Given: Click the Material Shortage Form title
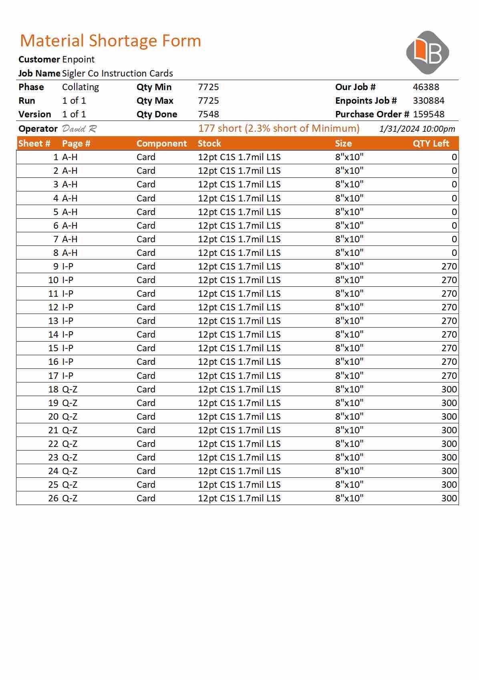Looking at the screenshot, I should point(111,41).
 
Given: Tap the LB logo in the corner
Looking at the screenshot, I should point(427,52).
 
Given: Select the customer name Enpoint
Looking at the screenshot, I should point(78,60).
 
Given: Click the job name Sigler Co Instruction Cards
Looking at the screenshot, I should point(117,73).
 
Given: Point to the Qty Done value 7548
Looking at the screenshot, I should point(208,114).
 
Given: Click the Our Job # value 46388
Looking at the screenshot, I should point(426,87).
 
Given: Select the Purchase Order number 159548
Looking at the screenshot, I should point(429,114).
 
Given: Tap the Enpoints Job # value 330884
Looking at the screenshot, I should point(429,101).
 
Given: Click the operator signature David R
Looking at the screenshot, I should point(79,129).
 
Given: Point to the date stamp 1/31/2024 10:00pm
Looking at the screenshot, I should point(417,129).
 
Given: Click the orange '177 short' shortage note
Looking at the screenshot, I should point(279,128).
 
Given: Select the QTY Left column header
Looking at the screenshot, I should point(431,143).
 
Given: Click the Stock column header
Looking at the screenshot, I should point(209,143).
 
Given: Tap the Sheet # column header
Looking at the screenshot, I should point(34,143).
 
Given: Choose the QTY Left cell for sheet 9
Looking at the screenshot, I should point(449,266).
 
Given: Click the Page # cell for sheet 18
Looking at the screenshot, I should point(70,389).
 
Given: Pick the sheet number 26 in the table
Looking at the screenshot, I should point(53,498).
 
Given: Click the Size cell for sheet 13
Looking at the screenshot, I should point(349,321).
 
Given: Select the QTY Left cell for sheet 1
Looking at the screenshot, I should point(454,157).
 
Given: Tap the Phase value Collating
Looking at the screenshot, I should point(81,87).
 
